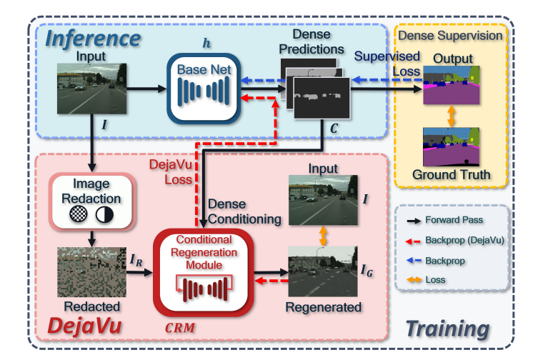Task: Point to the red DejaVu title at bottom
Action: coord(84,328)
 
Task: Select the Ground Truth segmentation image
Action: coord(450,148)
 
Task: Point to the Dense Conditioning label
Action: coord(244,211)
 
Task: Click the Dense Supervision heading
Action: coord(450,35)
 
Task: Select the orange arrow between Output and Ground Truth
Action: coord(450,117)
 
